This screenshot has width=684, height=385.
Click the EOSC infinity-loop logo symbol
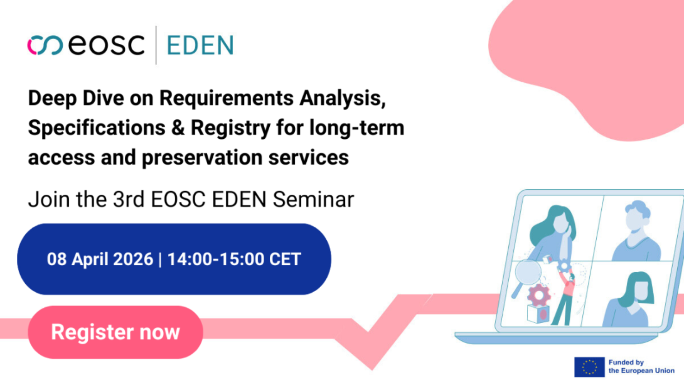click(x=45, y=45)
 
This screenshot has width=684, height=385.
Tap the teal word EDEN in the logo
click(x=200, y=45)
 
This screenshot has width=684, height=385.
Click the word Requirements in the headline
click(x=226, y=98)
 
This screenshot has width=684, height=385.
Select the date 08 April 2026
click(x=100, y=259)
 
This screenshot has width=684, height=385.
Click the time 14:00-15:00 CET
click(x=234, y=259)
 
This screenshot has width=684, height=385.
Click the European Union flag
click(x=589, y=367)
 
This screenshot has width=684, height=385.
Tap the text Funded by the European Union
click(x=641, y=366)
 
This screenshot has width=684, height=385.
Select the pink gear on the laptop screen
click(x=539, y=295)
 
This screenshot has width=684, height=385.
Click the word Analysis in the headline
click(x=342, y=98)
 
